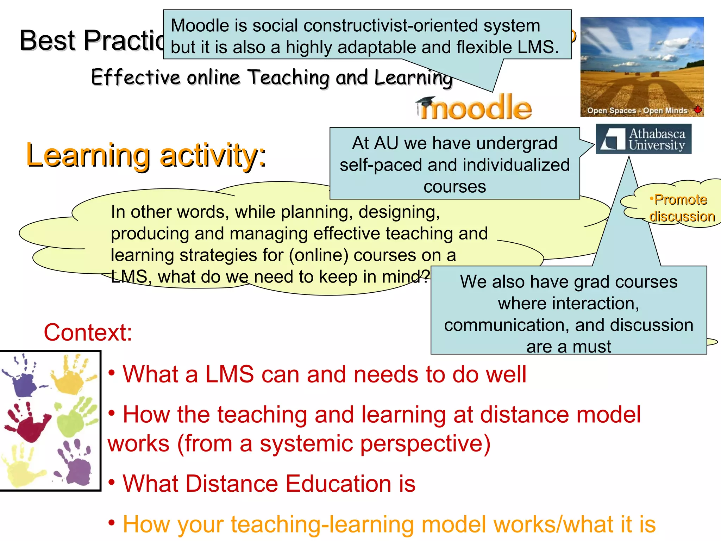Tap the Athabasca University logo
(643, 139)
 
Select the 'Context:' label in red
(88, 332)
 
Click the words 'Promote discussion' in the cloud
(681, 208)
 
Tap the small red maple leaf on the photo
(697, 110)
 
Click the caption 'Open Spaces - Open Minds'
(637, 111)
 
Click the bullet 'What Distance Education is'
(269, 484)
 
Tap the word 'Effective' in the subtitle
(136, 77)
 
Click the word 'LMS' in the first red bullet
(229, 374)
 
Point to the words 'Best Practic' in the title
(92, 40)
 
